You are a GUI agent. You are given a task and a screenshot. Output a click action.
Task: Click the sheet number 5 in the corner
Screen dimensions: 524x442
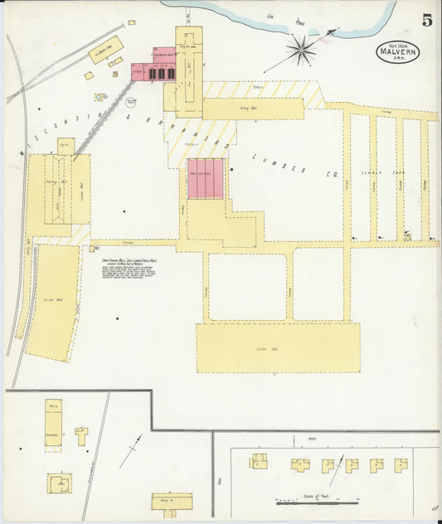point(425,21)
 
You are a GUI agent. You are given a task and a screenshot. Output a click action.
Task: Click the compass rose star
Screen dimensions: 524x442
point(301,50)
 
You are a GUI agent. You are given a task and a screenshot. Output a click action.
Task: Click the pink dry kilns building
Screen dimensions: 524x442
point(205,178)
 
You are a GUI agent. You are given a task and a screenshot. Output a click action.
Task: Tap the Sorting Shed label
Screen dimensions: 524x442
point(253,109)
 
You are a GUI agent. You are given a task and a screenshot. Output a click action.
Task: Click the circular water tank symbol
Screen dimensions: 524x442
point(101,97)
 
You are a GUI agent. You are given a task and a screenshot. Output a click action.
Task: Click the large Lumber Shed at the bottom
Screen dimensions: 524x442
point(278,348)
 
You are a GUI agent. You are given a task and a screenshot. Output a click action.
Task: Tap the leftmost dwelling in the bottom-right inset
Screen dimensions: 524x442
point(259,460)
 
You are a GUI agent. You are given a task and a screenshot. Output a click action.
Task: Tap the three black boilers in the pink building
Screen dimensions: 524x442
point(161,74)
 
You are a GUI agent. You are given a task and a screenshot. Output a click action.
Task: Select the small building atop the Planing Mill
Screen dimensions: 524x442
point(66,146)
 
